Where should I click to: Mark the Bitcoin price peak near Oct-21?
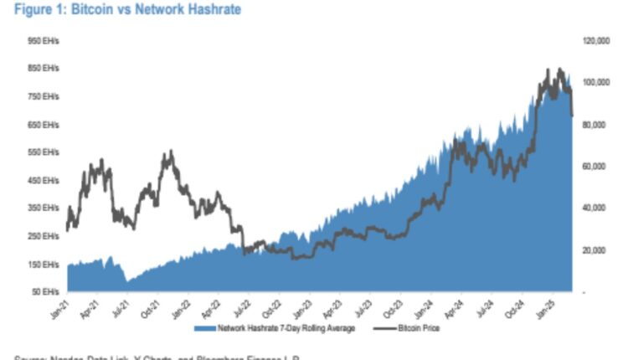(170, 152)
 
